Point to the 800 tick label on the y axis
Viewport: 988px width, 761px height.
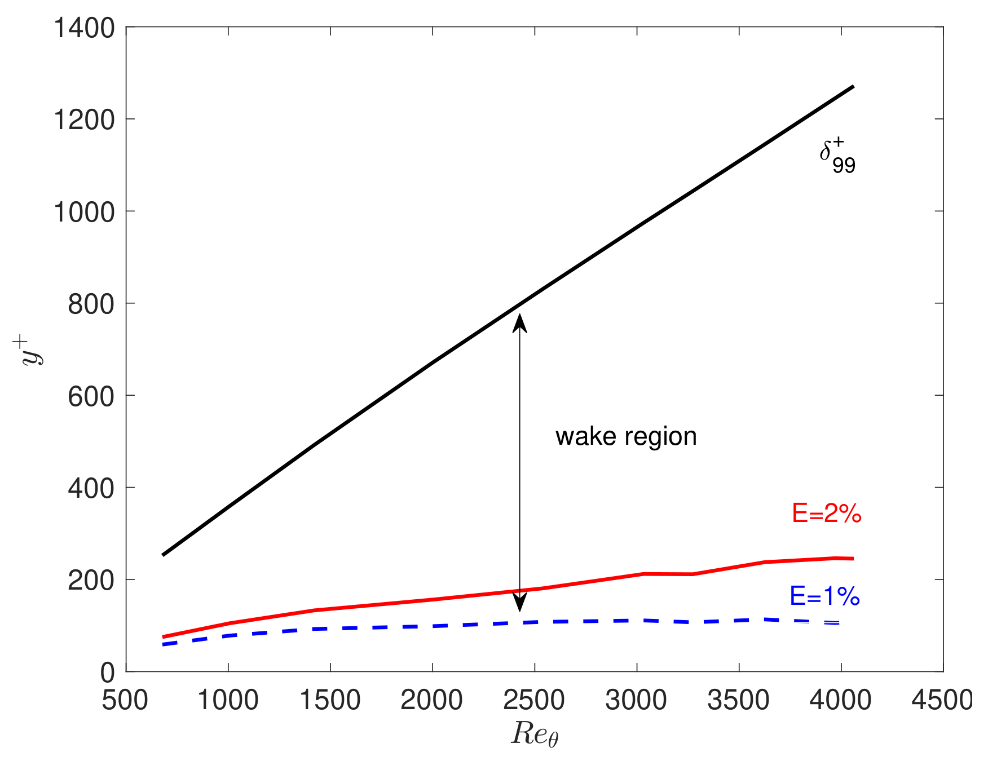91,304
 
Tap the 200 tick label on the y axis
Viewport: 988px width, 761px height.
91,581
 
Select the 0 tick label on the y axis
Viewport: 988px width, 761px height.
107,672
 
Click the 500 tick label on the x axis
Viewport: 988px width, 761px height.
125,701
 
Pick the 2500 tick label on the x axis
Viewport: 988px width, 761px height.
533,701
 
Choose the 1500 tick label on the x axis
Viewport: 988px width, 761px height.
330,701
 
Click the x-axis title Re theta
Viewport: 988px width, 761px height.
534,734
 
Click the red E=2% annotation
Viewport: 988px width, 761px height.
826,514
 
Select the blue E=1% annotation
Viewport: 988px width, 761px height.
824,596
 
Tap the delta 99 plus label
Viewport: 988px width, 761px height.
837,157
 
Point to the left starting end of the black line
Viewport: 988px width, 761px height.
163,555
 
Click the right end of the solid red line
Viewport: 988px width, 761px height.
853,559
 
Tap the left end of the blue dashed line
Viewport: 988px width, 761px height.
164,644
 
